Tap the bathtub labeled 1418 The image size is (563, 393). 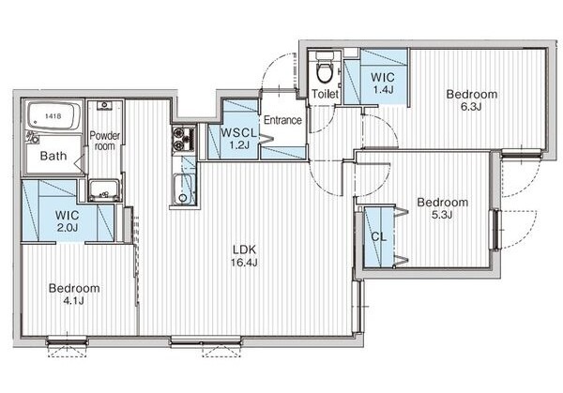[53, 116]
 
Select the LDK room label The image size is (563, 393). [244, 249]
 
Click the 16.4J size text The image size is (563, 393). [244, 263]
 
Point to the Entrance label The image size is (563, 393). [282, 120]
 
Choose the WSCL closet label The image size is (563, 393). [238, 133]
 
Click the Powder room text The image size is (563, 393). [105, 141]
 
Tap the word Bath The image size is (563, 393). [53, 156]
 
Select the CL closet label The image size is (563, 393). [378, 237]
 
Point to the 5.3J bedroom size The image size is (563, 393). [442, 215]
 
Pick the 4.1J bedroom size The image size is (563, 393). [73, 300]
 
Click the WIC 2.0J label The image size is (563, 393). [68, 221]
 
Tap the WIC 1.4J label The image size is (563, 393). [383, 83]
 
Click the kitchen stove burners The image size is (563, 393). [184, 139]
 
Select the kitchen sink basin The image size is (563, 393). [184, 189]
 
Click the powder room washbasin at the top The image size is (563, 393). [105, 106]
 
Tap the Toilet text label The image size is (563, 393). [325, 94]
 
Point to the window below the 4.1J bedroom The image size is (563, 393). [68, 340]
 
